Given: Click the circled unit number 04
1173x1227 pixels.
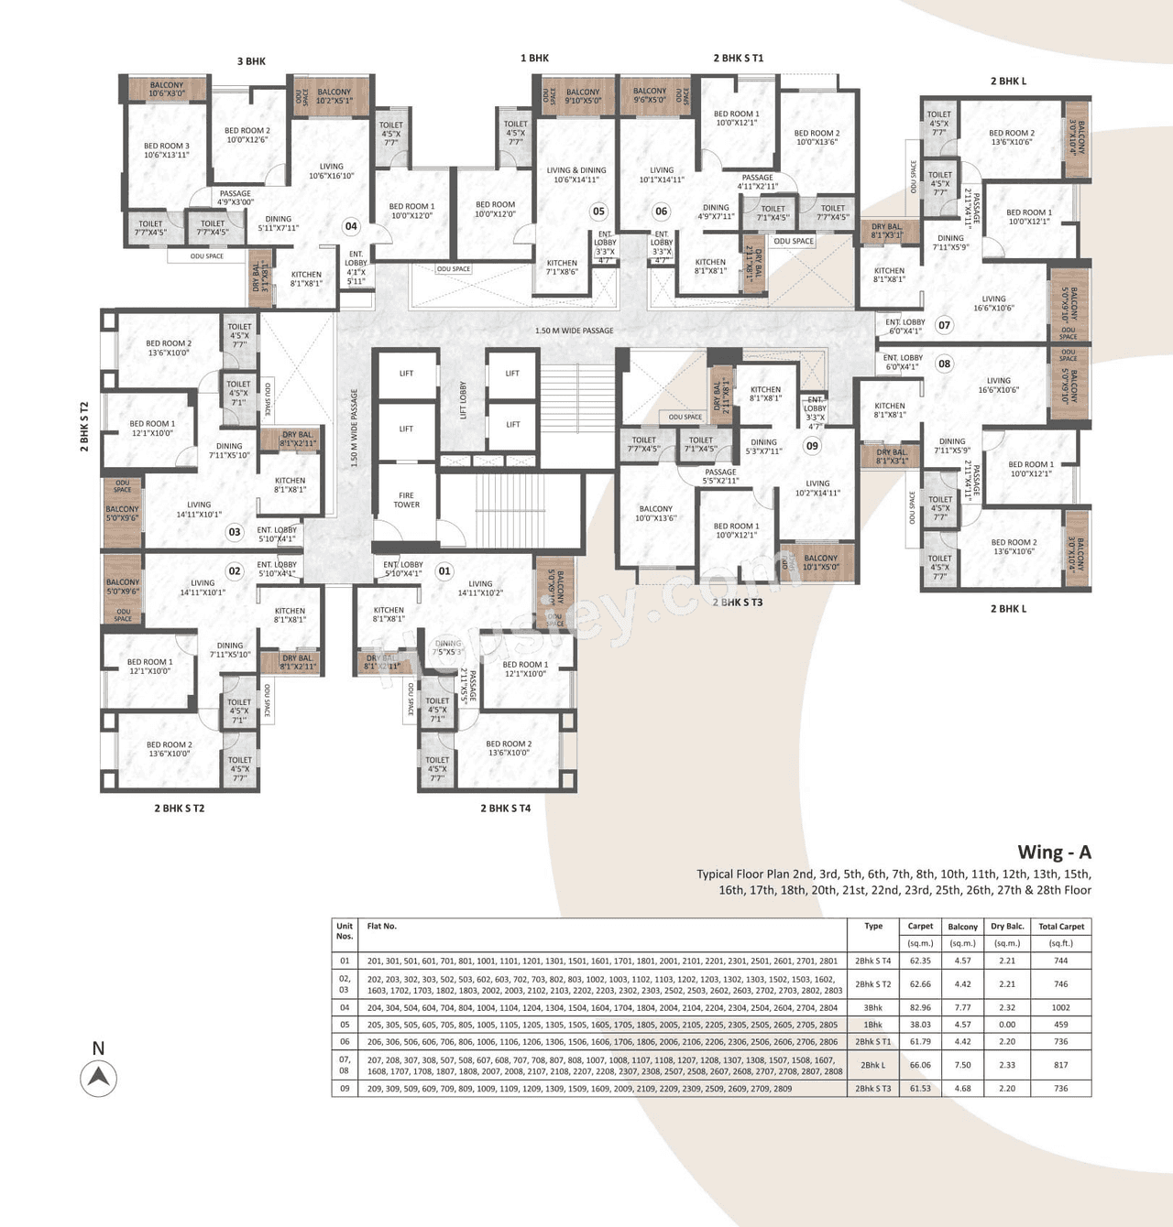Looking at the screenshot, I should click(x=351, y=226).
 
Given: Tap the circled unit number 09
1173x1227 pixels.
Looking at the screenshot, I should click(x=812, y=446).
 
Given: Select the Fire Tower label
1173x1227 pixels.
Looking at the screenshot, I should click(x=406, y=500).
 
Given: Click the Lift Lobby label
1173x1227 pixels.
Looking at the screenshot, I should click(x=463, y=400).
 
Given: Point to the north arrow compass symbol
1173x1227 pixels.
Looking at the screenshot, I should click(x=98, y=1078).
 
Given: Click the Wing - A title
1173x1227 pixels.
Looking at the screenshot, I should click(x=1054, y=852).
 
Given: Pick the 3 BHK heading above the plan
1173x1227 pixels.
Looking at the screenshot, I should click(x=251, y=61).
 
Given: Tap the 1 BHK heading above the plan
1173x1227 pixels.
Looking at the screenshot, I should click(x=534, y=58).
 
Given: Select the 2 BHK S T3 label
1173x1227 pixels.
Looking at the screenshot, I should click(x=738, y=603).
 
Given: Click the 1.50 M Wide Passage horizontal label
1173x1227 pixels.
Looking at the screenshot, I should click(x=575, y=331).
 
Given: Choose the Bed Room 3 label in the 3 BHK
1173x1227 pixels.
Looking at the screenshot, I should click(x=167, y=150).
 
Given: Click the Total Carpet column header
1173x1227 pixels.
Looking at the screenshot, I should click(x=1060, y=927).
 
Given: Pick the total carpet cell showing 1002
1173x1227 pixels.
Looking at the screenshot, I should click(x=1060, y=1007).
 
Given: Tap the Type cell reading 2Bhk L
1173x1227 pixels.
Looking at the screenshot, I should click(x=872, y=1065).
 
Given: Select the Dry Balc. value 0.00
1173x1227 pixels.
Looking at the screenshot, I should click(x=1006, y=1025).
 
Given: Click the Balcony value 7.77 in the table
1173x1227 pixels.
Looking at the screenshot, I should click(x=962, y=1007).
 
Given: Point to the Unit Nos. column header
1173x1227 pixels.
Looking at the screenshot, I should click(x=345, y=931).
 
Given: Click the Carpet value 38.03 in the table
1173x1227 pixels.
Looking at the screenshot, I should click(x=920, y=1025).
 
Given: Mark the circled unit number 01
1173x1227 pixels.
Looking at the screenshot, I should click(x=444, y=571).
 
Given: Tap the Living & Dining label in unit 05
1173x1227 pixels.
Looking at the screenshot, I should click(x=576, y=175).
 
